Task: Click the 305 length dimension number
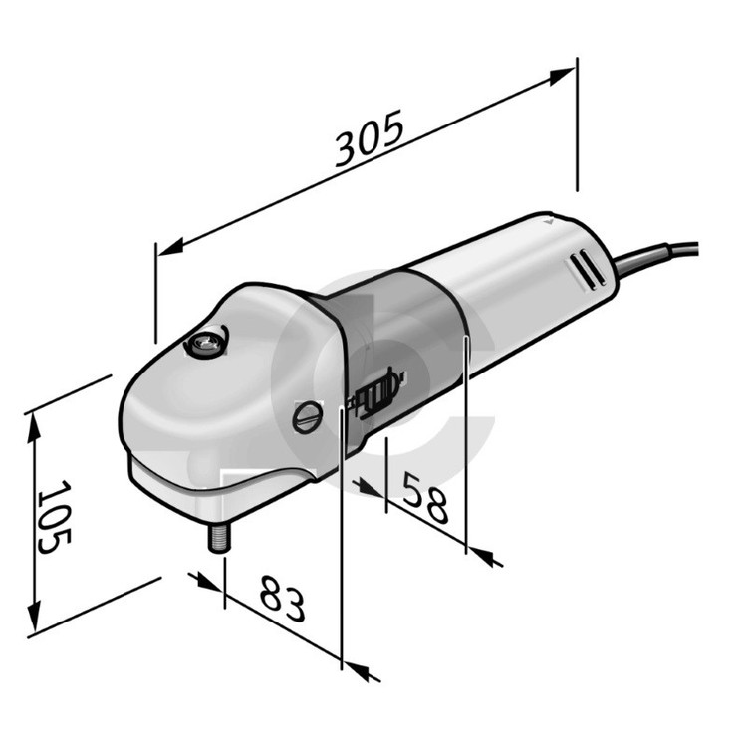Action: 370,138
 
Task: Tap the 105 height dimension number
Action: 55,517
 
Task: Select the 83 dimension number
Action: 282,599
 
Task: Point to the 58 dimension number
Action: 425,498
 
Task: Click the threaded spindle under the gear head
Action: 218,538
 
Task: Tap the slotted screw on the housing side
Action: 308,417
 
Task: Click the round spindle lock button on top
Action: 206,342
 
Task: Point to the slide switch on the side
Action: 376,392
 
